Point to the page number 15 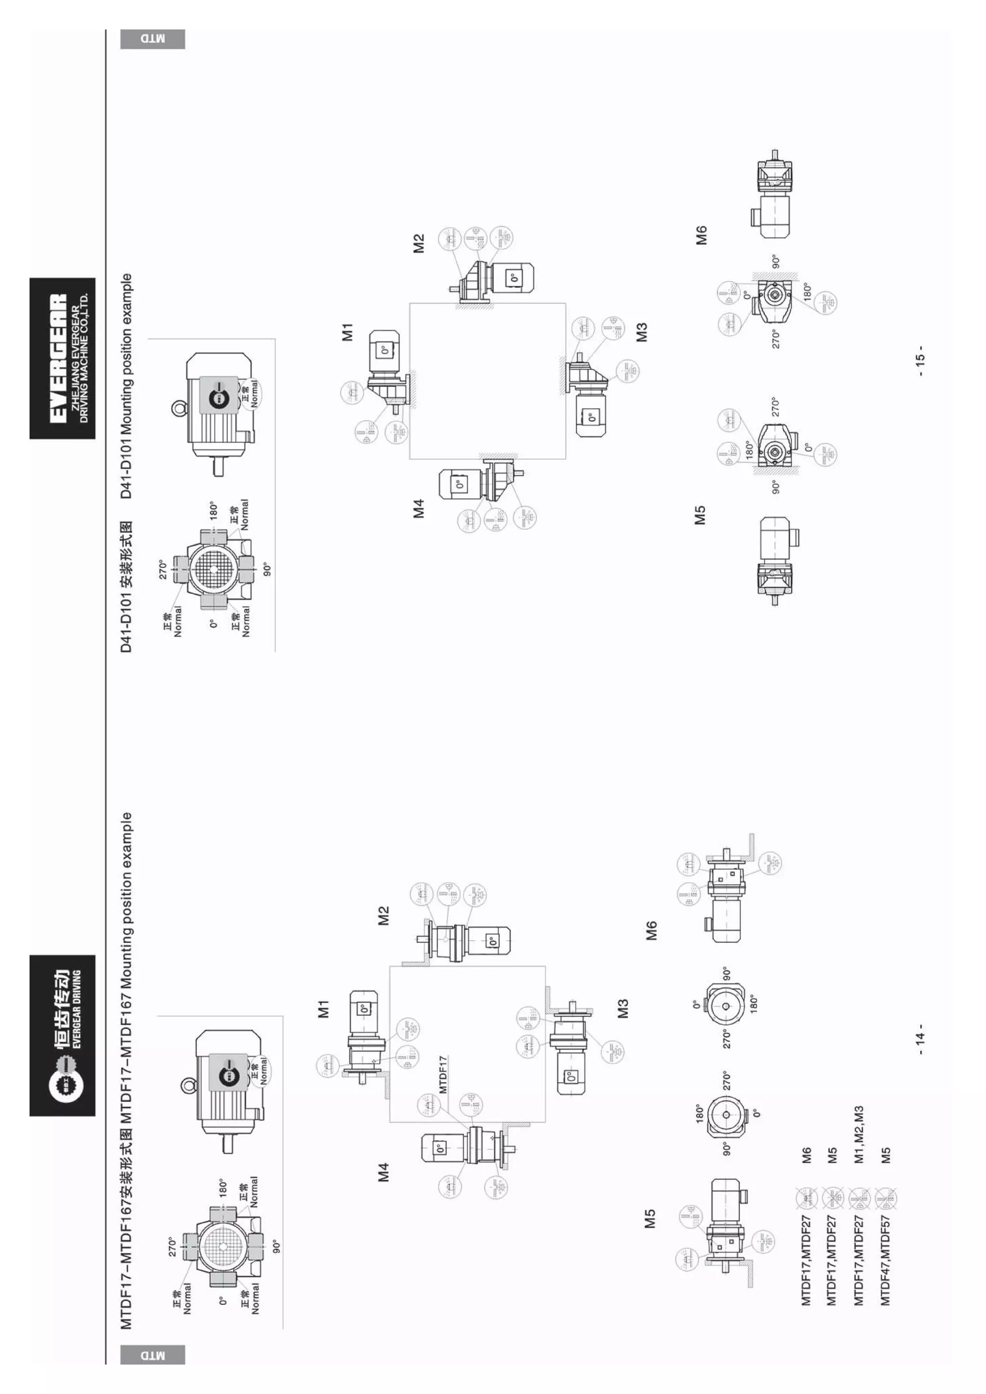pos(921,365)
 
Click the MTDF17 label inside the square pos(442,1074)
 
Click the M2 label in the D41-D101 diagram pos(419,244)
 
